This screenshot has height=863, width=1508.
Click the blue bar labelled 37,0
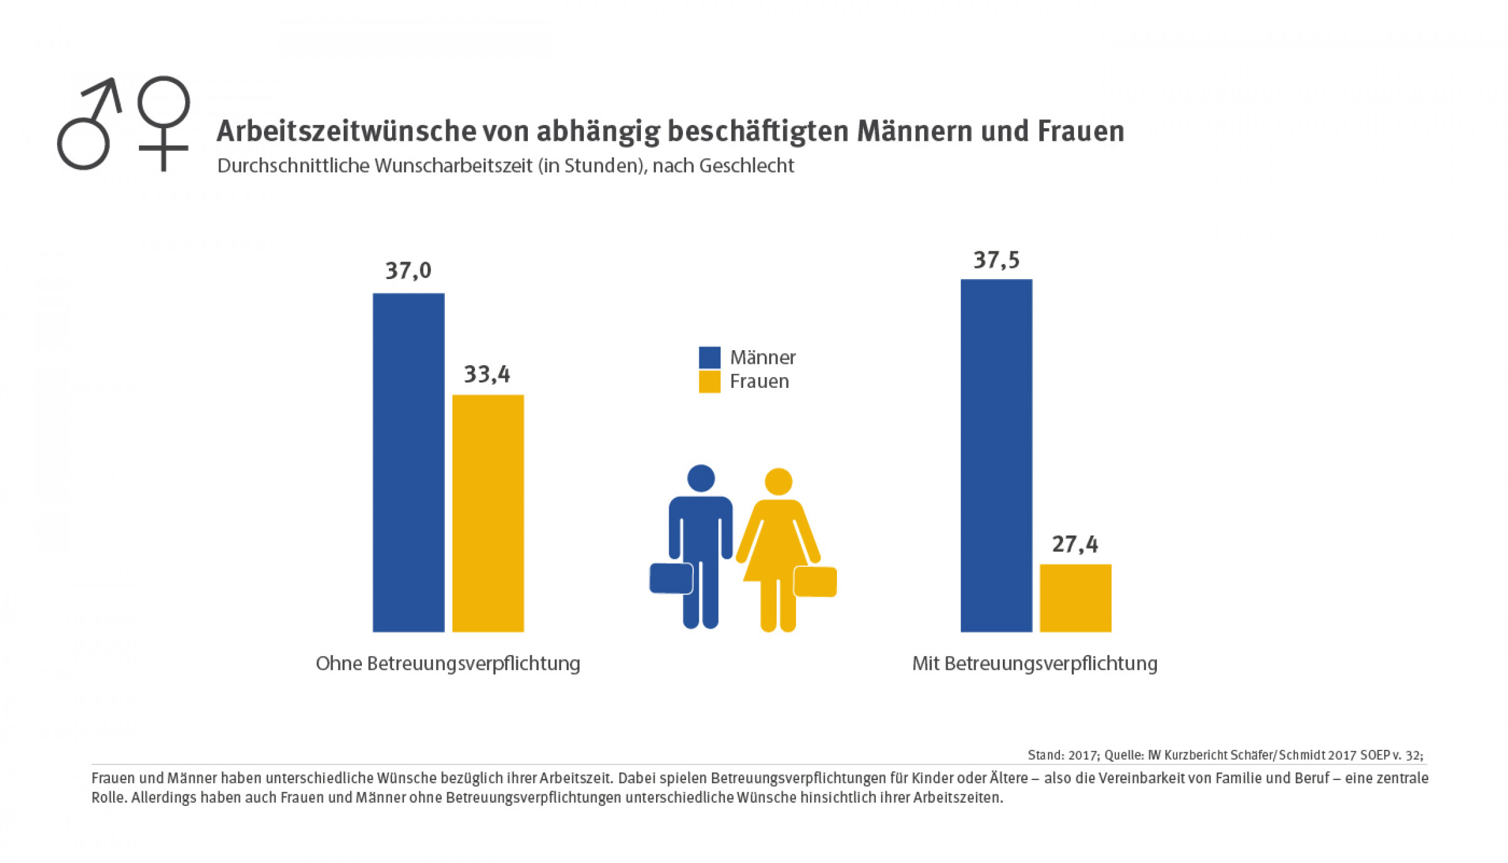click(408, 462)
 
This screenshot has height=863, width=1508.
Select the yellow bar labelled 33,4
click(488, 513)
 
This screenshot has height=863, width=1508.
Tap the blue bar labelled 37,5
click(996, 455)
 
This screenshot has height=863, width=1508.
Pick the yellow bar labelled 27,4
click(1075, 597)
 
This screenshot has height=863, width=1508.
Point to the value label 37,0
click(408, 271)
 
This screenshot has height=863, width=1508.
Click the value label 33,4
click(487, 375)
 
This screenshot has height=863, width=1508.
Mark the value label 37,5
click(996, 260)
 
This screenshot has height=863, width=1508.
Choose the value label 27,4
click(1075, 544)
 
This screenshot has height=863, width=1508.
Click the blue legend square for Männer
click(709, 358)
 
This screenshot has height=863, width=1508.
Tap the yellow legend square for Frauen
click(709, 382)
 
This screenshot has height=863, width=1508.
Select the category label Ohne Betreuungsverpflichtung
click(448, 664)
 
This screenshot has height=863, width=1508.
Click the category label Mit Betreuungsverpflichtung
click(1034, 664)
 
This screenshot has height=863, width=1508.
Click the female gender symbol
click(163, 123)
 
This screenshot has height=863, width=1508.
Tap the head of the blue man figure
click(701, 478)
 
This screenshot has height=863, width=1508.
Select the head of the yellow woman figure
click(778, 481)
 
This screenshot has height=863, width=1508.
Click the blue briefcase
click(671, 578)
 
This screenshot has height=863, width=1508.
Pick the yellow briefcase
click(815, 581)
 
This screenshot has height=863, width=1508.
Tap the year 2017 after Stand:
click(1083, 755)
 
